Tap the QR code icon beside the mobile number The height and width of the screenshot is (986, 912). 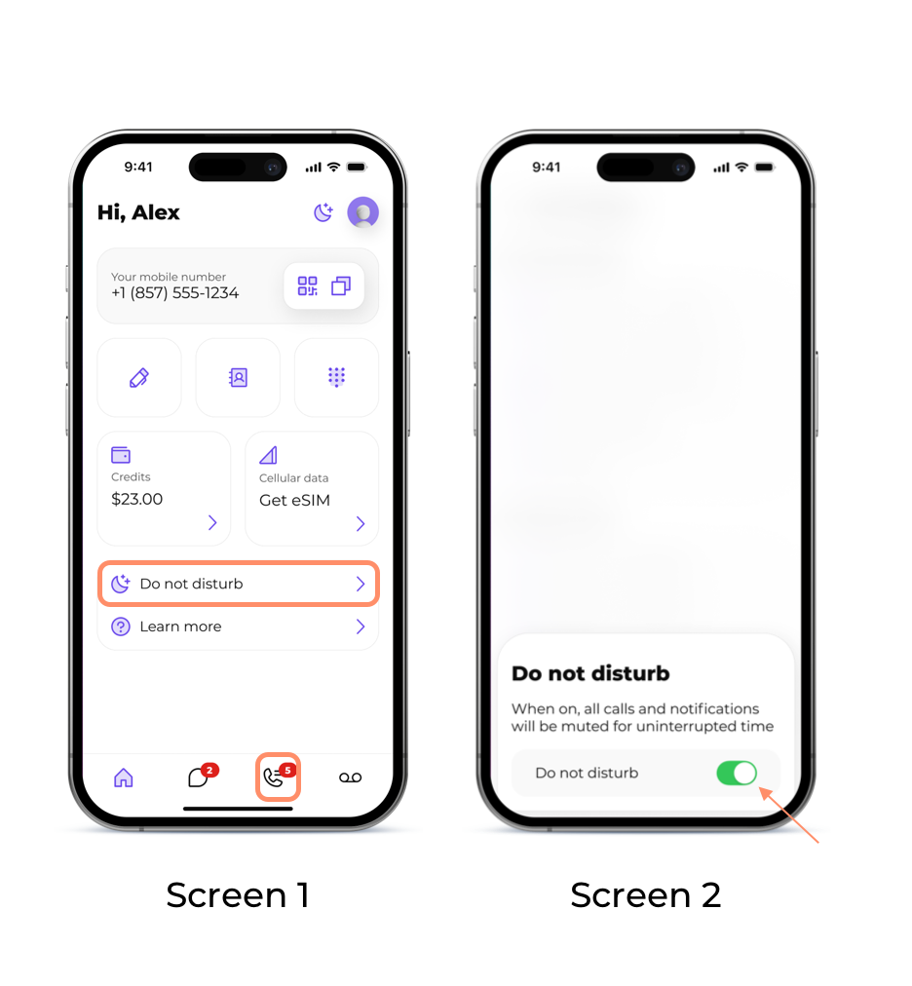308,286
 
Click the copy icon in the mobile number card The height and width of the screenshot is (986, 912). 341,286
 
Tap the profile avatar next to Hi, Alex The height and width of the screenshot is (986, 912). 362,212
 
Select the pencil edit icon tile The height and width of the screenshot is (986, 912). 139,377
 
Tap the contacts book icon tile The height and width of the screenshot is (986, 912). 238,377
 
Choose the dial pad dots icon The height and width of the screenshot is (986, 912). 336,377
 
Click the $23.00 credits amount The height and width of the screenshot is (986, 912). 137,499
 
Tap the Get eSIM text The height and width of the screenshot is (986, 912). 294,501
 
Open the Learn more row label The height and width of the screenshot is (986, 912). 180,626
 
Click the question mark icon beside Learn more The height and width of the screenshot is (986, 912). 121,626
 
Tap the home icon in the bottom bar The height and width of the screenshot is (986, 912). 124,777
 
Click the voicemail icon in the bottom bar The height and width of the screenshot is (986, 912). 351,777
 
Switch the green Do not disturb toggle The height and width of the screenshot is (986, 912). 737,773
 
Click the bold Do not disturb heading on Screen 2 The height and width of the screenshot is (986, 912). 590,673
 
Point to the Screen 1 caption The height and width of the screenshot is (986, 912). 238,894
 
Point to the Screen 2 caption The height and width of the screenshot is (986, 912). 645,894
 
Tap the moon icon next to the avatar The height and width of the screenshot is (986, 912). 323,212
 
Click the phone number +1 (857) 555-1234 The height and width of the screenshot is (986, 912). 174,293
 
